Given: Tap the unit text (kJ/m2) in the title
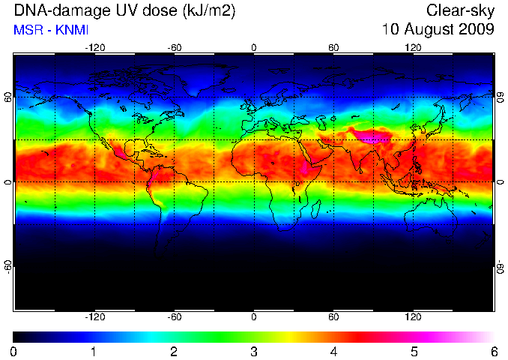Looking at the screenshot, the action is point(209,12).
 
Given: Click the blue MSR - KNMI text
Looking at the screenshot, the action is point(51,30).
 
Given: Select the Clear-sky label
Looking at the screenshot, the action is point(460,11).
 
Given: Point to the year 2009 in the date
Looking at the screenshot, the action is point(476,29).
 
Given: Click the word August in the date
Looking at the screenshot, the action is point(429,30).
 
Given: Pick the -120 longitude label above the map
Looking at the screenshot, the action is point(95,48).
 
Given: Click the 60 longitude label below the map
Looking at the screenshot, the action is point(333,316).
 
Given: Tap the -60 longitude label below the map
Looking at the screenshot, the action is point(175,316).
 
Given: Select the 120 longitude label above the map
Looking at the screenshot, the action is point(413,48).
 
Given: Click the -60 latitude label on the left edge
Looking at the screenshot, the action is point(8,266).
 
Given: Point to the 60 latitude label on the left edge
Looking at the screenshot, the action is point(8,97).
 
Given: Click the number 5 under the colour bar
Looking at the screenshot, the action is point(414,352).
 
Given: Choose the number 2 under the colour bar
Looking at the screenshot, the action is point(174,352).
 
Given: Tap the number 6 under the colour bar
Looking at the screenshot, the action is point(494,352).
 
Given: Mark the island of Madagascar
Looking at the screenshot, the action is point(316,208).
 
